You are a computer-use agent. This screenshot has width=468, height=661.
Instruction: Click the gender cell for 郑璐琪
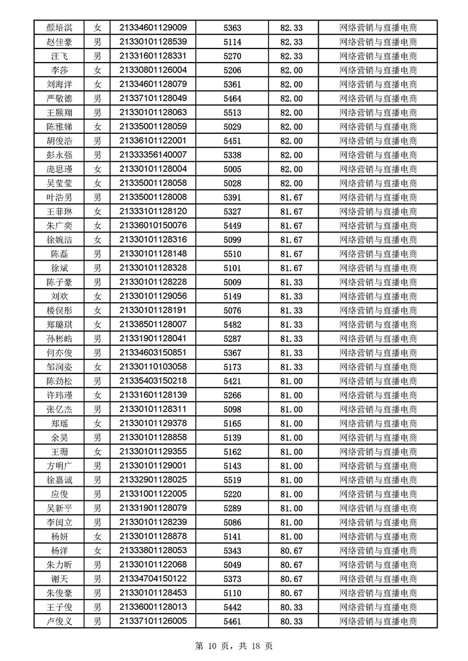98,324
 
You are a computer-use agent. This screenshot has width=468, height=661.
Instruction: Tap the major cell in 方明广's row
378,466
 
